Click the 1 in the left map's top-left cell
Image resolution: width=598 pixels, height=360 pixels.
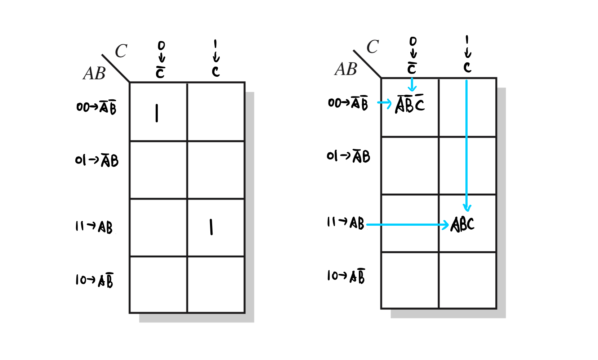pos(157,113)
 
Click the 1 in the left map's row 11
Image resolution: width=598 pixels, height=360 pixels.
pos(211,227)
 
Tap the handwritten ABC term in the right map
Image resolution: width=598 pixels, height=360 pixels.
pos(463,224)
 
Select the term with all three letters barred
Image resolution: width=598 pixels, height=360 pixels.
pos(410,104)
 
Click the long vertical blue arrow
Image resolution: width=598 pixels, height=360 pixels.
pos(467,144)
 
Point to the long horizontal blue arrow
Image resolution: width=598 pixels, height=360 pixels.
pos(407,225)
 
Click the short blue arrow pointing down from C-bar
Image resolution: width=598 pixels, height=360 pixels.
pos(412,85)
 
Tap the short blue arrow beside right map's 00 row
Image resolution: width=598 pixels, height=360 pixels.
pos(384,103)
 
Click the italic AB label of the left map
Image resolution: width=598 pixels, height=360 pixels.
pos(94,73)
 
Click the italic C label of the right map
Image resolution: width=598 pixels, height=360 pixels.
pos(372,47)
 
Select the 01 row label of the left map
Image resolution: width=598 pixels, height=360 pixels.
pos(97,160)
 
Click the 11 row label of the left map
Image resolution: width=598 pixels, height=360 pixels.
pos(94,227)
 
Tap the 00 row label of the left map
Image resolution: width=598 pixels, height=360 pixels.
pos(96,107)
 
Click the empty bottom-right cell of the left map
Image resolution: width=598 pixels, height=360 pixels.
pos(216,284)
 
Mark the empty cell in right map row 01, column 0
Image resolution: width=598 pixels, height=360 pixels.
pos(410,166)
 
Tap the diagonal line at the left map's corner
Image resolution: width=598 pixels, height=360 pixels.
pos(115,68)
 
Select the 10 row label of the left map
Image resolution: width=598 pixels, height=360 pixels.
pos(94,280)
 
